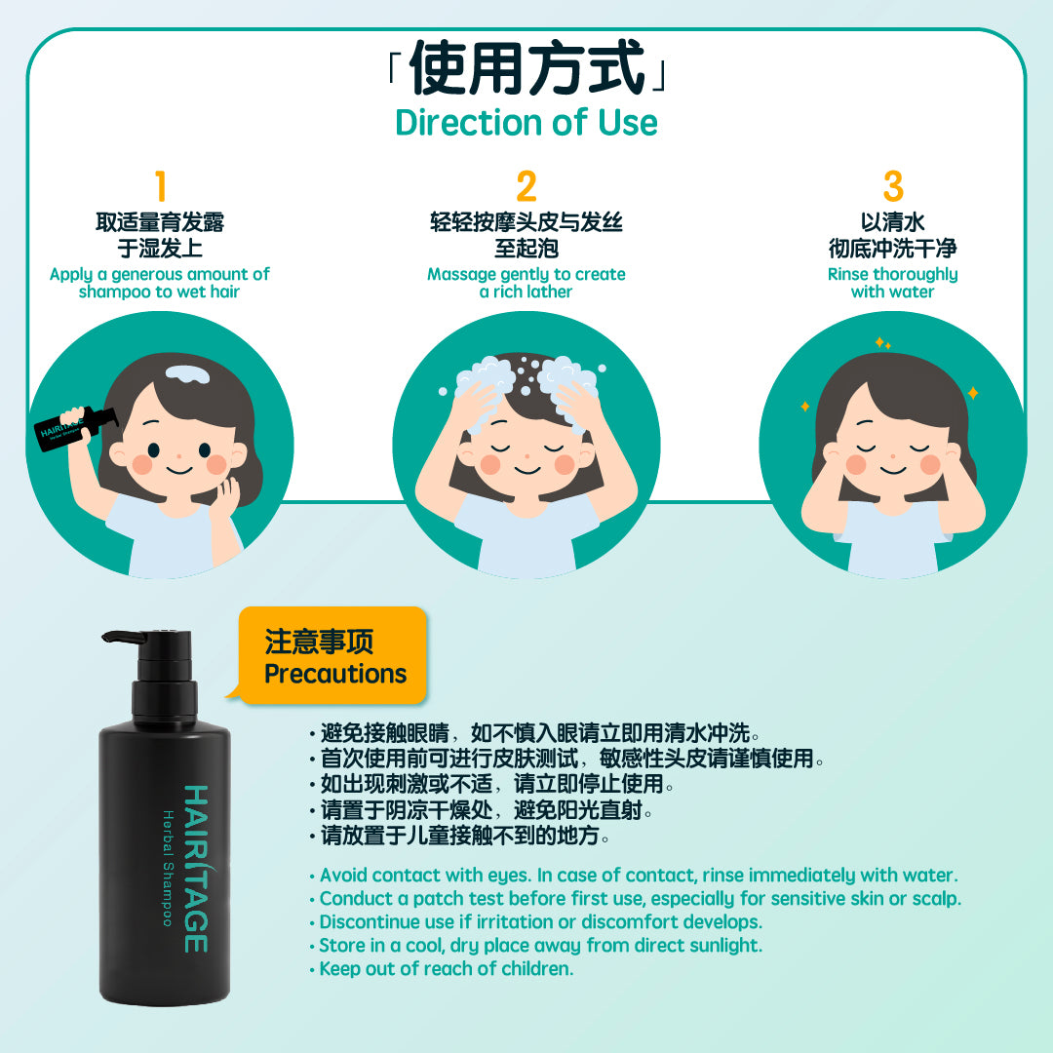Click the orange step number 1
161,186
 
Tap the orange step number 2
526,186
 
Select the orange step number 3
893,186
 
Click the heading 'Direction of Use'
526,122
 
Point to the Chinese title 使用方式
527,66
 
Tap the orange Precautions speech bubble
333,655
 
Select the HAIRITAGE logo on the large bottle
196,869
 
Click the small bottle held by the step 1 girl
76,428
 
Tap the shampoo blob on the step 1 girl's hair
188,373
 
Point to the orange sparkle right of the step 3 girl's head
972,393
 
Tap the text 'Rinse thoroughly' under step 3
892,274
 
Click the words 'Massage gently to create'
526,274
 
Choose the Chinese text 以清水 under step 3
892,222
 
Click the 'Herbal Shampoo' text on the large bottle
168,869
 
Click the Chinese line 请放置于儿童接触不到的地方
460,836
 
